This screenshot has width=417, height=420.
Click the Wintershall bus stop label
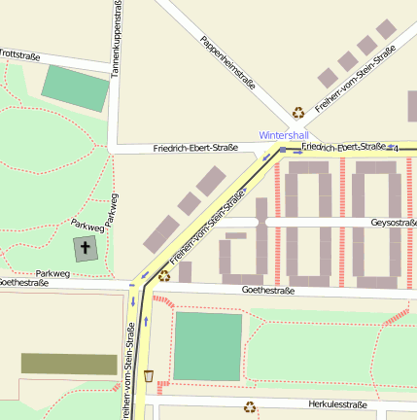(x=284, y=135)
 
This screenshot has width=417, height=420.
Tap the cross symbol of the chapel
(x=86, y=249)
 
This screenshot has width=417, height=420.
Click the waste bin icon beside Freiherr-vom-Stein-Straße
(x=149, y=375)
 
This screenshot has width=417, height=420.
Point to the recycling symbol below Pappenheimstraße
(x=298, y=112)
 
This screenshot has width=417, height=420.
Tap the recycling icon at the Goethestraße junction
(x=164, y=276)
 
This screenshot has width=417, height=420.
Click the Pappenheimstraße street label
(x=227, y=63)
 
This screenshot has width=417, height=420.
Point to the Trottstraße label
(x=19, y=56)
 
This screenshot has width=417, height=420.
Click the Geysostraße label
(x=393, y=222)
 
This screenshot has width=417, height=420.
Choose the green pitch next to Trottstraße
(x=76, y=87)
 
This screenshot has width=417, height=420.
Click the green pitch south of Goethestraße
(x=207, y=347)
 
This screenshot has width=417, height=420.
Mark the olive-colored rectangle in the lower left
(x=69, y=364)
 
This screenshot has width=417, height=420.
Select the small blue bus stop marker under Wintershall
(x=283, y=150)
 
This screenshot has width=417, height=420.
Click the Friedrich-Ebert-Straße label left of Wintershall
(x=195, y=149)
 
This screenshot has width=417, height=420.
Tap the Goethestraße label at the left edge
(x=23, y=282)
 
